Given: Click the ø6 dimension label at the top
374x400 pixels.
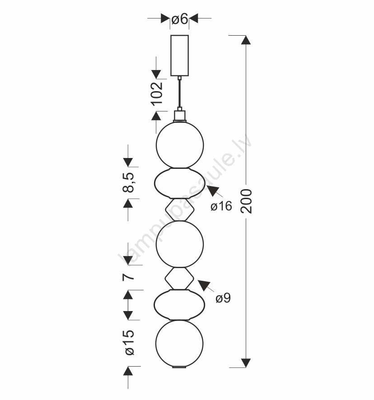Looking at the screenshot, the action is (180, 19).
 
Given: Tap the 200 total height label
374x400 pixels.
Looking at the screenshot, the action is (246, 201).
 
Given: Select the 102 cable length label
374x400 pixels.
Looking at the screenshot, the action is (157, 93).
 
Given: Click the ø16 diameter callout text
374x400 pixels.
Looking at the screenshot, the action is (221, 206).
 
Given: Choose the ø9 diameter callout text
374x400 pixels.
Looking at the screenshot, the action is (223, 298).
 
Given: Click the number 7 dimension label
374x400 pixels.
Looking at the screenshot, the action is (128, 277).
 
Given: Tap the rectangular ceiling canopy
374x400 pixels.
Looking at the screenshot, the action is (180, 56).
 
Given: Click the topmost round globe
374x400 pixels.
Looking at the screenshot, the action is (180, 145).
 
